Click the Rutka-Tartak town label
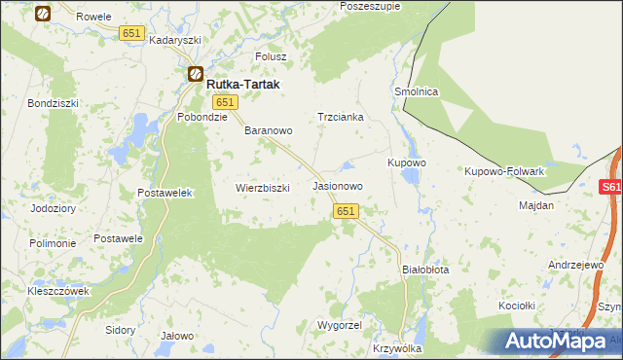pos(242,85)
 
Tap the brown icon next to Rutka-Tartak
pos(195,74)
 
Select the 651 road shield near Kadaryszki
pos(132,33)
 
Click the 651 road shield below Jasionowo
pos(348,210)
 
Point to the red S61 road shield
pos(610,187)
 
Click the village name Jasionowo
pos(338,185)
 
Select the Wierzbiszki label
pos(263,188)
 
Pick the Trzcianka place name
pos(340,117)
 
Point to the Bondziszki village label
pos(52,102)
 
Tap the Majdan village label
pos(535,205)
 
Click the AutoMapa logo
pos(556,341)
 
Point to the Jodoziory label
pos(53,208)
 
